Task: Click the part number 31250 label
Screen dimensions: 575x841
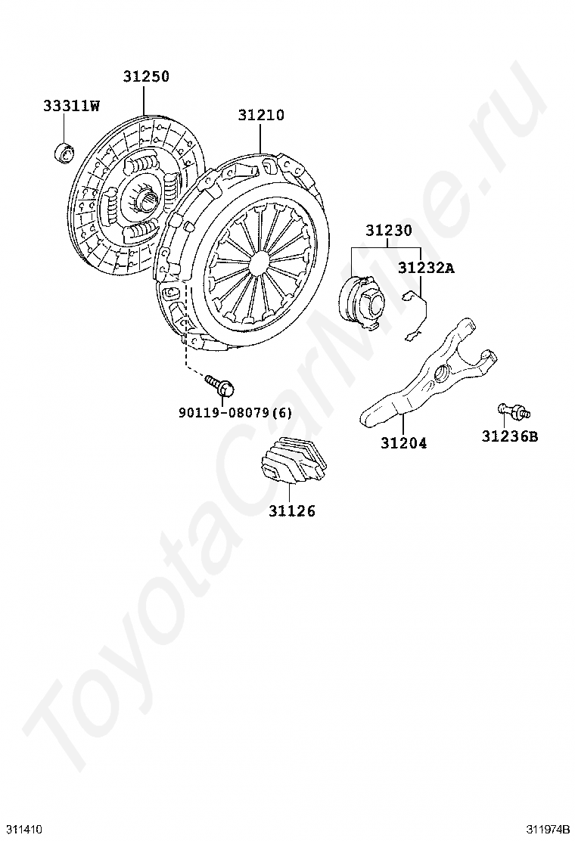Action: (x=146, y=77)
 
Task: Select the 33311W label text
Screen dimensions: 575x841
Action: (x=71, y=106)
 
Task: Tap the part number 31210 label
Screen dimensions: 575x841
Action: (x=261, y=116)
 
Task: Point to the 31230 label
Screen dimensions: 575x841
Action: (x=389, y=230)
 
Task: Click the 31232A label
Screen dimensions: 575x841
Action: (x=427, y=268)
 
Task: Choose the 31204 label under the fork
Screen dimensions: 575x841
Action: (x=403, y=443)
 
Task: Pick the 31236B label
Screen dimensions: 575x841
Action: (x=510, y=436)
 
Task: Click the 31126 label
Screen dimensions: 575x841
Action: (x=291, y=511)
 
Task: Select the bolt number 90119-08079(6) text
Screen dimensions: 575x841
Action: (x=235, y=413)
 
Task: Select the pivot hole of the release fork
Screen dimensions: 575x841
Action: (x=440, y=371)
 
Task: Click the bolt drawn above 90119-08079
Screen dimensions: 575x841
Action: (x=222, y=386)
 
